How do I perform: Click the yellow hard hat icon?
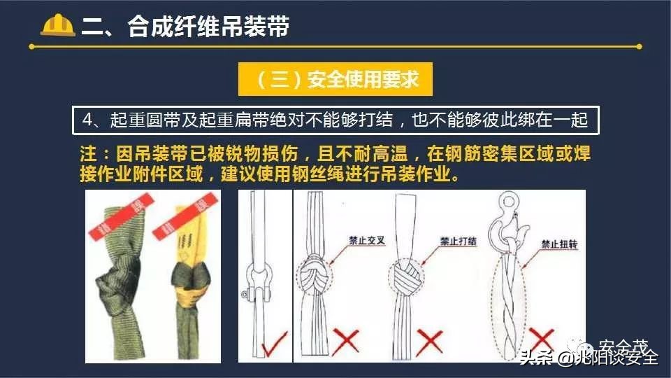coord(58,25)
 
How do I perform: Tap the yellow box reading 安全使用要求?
coord(335,79)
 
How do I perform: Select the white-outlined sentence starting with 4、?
coord(335,120)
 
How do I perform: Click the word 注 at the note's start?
coord(87,154)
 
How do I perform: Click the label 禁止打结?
coord(458,240)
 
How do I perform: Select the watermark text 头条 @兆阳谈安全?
coord(589,358)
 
